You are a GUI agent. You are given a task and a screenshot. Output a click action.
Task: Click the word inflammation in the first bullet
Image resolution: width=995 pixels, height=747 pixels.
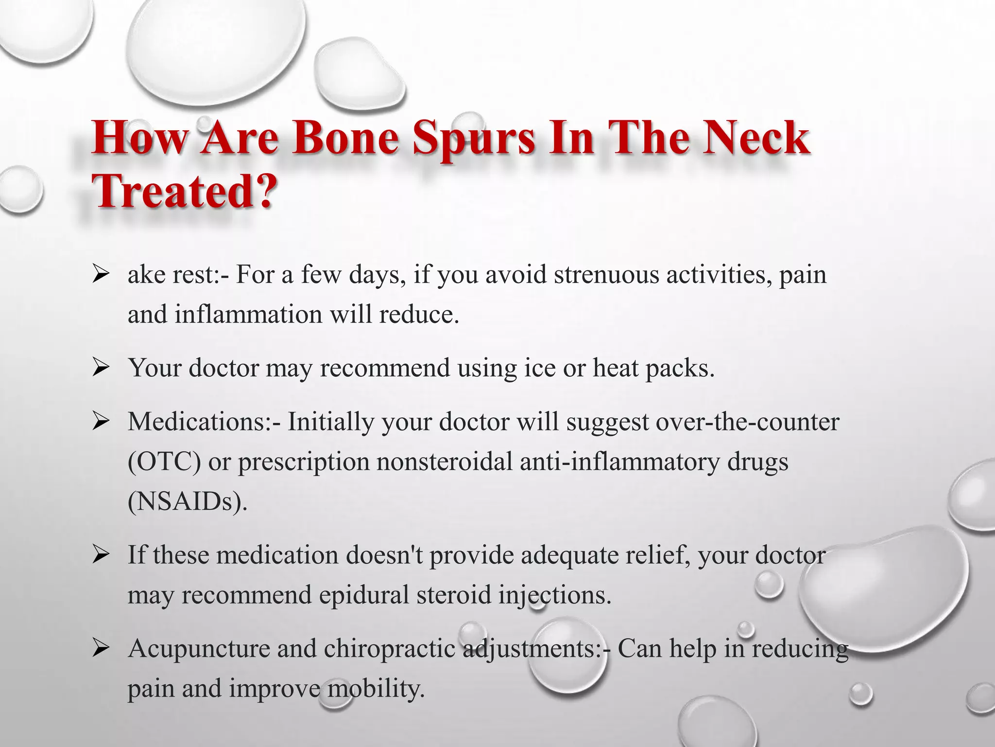pos(248,314)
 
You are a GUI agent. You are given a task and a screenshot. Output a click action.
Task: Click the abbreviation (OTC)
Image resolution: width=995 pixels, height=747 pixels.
pos(164,462)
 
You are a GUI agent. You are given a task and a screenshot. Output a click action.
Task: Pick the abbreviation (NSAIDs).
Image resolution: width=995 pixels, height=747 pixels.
pos(188,502)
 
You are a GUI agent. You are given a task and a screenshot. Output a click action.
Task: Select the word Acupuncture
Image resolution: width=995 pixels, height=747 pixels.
pos(199,649)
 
